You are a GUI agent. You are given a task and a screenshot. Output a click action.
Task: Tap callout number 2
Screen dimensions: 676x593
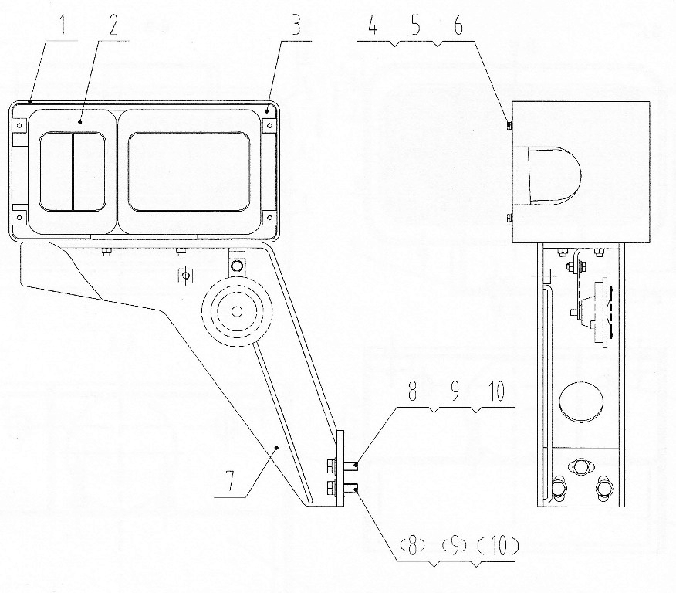[113, 25]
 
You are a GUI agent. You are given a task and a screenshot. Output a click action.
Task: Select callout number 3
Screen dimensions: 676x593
[297, 25]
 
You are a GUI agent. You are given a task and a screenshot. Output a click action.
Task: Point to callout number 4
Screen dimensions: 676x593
[373, 25]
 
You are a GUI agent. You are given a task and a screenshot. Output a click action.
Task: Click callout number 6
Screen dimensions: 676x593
[458, 25]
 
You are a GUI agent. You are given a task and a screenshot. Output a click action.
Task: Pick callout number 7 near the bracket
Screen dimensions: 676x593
[230, 481]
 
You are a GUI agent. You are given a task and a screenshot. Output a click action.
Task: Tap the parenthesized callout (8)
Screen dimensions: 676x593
[413, 547]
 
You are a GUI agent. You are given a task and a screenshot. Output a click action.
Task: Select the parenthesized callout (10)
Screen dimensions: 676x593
[498, 547]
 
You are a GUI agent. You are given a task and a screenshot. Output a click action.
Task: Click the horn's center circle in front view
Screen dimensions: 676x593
[236, 311]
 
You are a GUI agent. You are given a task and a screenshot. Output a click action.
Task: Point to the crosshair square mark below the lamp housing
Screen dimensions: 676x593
[185, 276]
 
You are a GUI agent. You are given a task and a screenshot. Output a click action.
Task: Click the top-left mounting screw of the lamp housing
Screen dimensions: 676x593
[19, 126]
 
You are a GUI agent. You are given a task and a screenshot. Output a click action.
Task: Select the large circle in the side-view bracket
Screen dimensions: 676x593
[581, 402]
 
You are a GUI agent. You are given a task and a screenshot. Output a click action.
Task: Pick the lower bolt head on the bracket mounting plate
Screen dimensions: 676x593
[331, 487]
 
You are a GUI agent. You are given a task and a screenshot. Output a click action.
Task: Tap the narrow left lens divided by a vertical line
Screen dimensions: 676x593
[73, 171]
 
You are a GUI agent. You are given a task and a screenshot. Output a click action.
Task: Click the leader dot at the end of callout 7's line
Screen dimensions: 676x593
[277, 449]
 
